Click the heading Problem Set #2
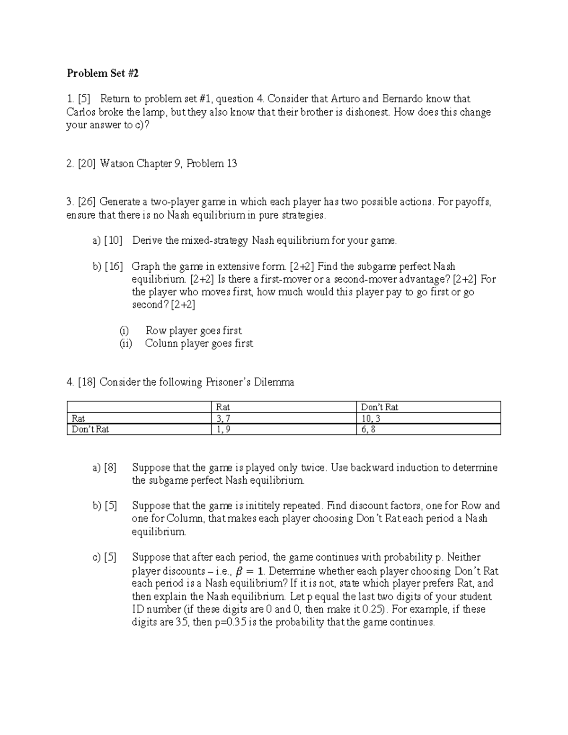click(103, 73)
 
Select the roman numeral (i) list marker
click(124, 331)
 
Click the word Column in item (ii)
click(161, 344)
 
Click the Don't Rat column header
click(380, 407)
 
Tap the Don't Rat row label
click(90, 430)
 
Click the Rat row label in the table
click(78, 418)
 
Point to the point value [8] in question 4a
click(110, 468)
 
